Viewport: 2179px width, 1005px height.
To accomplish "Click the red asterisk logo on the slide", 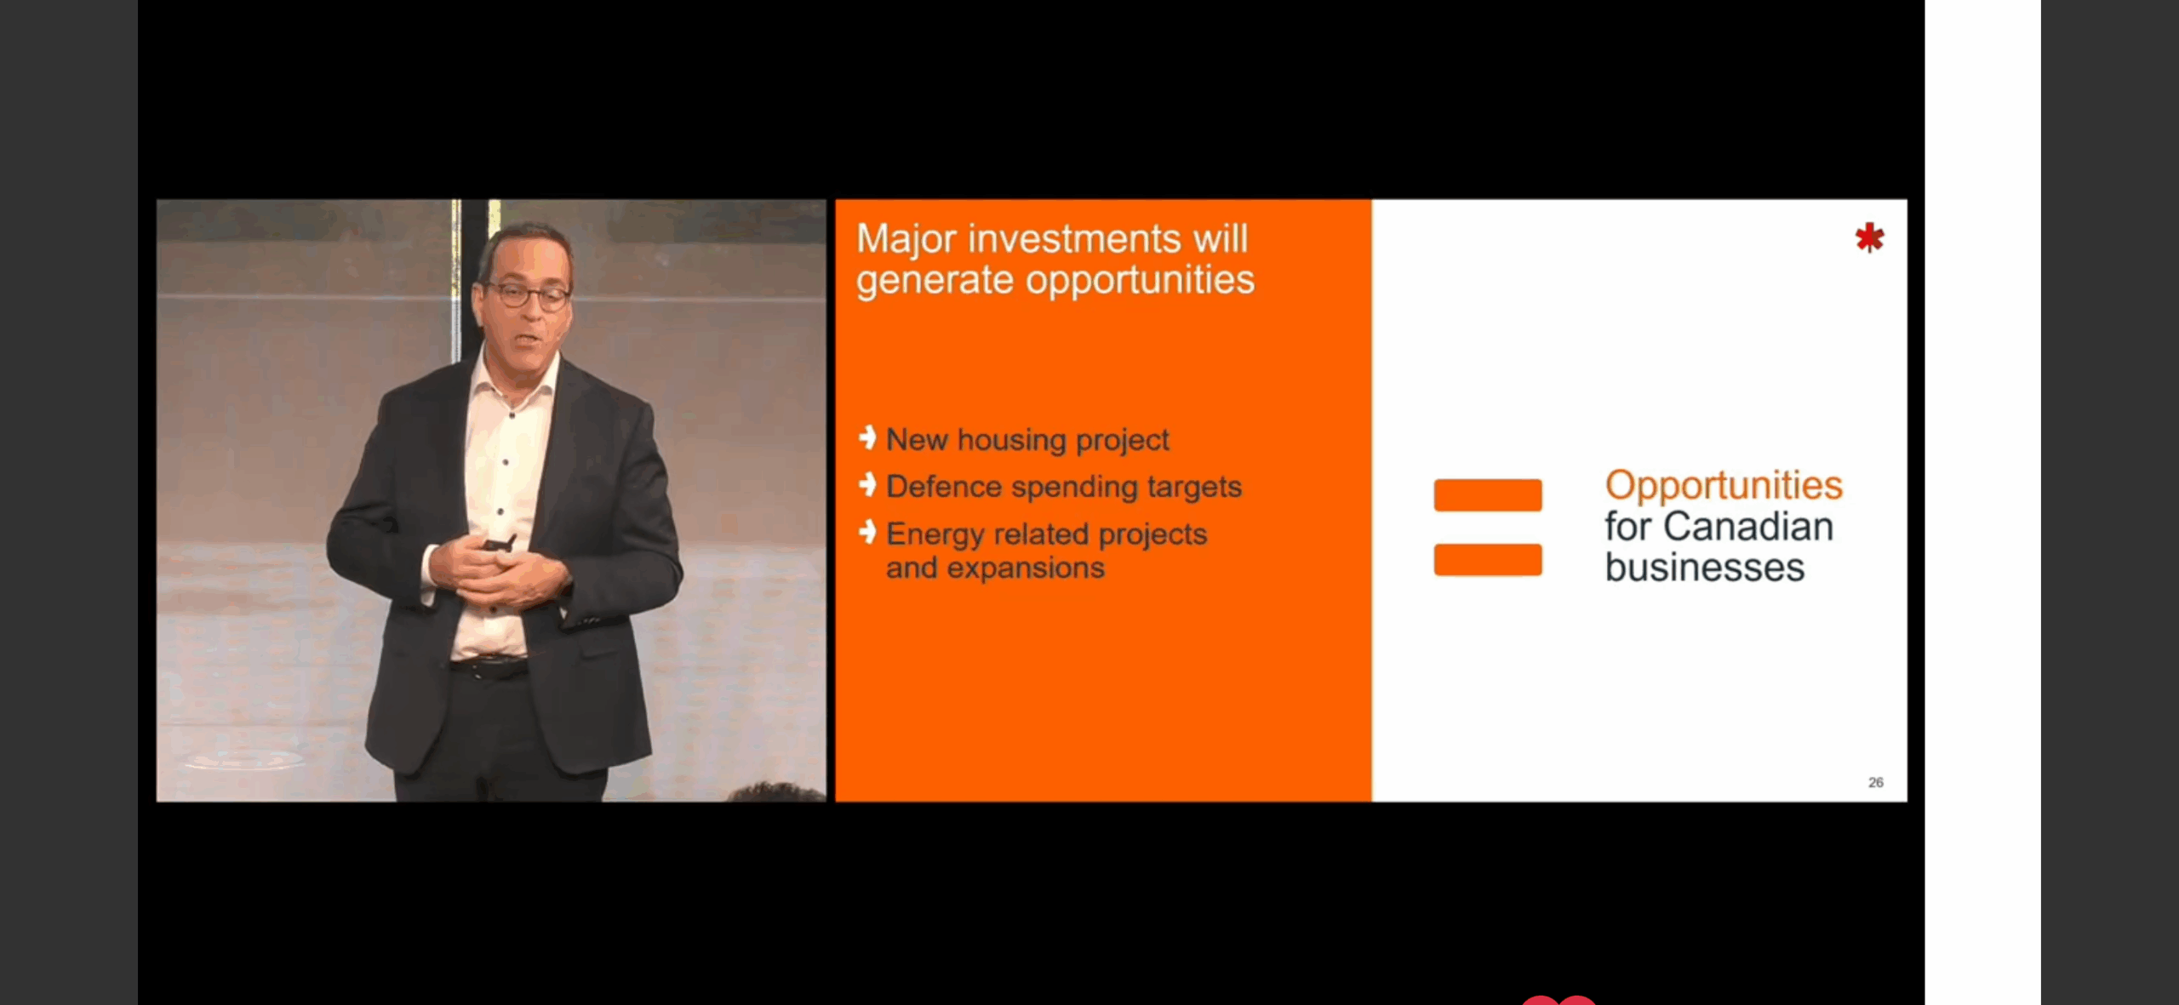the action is pyautogui.click(x=1869, y=237).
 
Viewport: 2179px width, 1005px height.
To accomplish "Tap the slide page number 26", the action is pyautogui.click(x=1875, y=782).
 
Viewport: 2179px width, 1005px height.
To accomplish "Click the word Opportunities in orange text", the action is pyautogui.click(x=1724, y=486).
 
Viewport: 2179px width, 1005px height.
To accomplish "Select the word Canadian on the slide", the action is pyautogui.click(x=1747, y=526).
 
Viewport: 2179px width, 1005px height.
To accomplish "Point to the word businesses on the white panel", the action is pyautogui.click(x=1704, y=567).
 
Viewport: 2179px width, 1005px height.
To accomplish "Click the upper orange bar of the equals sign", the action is pyautogui.click(x=1488, y=494).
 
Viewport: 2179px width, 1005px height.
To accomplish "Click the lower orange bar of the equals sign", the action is pyautogui.click(x=1488, y=559).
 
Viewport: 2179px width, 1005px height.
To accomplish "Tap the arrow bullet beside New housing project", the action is pyautogui.click(x=867, y=437).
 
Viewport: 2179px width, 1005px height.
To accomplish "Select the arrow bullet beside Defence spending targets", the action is pyautogui.click(x=867, y=484).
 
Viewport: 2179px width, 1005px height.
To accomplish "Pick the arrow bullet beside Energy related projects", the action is pyautogui.click(x=867, y=532).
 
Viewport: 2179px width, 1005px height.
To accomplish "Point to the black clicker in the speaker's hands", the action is pyautogui.click(x=500, y=542).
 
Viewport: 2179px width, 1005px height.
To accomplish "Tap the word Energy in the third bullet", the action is pyautogui.click(x=935, y=535).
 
